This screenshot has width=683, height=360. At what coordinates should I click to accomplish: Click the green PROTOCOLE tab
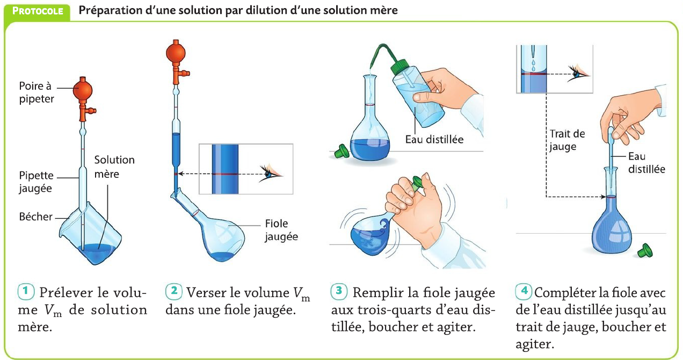click(37, 12)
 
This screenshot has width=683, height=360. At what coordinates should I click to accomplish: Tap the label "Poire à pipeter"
click(37, 92)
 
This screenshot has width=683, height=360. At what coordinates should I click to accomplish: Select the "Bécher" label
click(35, 217)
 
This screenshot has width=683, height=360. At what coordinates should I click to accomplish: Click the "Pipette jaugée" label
click(36, 182)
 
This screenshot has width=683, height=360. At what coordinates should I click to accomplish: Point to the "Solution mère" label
click(114, 167)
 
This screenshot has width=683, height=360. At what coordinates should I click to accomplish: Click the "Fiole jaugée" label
click(281, 230)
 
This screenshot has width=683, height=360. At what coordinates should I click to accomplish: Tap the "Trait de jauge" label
click(567, 140)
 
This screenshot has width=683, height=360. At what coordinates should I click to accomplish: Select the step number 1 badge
click(26, 291)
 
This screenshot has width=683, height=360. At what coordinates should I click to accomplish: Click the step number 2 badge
click(174, 291)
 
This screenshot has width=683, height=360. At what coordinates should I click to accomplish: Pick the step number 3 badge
click(339, 291)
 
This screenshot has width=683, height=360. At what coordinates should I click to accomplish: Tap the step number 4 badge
click(524, 291)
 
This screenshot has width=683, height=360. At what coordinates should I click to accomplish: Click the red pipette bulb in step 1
click(82, 90)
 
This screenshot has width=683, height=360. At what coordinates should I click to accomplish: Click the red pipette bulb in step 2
click(176, 53)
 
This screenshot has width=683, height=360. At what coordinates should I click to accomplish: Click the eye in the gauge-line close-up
click(578, 74)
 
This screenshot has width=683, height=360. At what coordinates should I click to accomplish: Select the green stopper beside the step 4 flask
click(645, 250)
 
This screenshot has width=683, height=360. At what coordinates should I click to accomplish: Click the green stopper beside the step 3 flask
click(342, 151)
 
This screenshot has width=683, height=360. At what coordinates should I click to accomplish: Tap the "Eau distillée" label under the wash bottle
click(434, 140)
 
